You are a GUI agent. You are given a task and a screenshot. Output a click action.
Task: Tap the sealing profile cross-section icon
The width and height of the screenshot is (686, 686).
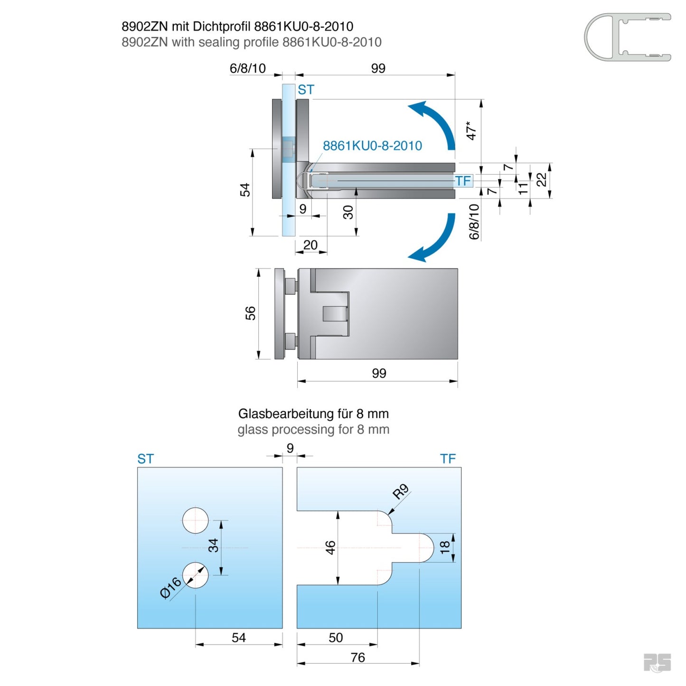coord(627,37)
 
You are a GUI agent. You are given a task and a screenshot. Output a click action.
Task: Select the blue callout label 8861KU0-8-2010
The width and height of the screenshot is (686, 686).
coord(372,146)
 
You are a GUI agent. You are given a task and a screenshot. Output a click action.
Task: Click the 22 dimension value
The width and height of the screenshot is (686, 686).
coord(542,180)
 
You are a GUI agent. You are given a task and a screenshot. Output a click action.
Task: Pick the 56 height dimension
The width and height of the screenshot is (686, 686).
coord(250,313)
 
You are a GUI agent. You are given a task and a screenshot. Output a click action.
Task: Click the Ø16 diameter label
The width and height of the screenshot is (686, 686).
coord(170,588)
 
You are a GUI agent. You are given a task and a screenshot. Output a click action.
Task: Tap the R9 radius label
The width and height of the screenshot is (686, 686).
coord(401,492)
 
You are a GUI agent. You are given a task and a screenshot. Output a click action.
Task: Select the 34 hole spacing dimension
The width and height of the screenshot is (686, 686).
coord(214,545)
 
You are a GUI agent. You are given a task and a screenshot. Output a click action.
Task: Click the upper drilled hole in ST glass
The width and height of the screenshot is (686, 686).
coord(195,520)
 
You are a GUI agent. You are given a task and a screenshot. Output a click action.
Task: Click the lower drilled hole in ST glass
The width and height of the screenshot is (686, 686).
coord(195,575)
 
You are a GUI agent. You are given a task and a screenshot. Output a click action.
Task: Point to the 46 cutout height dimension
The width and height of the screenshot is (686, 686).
coord(330,547)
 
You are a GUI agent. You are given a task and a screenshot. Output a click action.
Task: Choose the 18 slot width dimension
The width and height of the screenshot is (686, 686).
coord(445,547)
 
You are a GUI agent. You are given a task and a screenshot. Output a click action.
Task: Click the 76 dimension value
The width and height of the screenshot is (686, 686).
coord(358,658)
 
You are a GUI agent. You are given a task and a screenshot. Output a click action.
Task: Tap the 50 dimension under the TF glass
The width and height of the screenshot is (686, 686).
coord(336,638)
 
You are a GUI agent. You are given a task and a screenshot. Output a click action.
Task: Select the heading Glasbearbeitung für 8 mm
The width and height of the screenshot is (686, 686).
coord(313,414)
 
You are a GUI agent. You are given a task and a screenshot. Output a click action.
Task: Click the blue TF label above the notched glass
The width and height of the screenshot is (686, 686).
coord(448,459)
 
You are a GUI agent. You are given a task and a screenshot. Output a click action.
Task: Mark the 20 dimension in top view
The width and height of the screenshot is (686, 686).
coord(310,245)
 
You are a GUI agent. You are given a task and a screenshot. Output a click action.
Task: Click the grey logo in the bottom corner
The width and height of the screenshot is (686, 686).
coord(657,663)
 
